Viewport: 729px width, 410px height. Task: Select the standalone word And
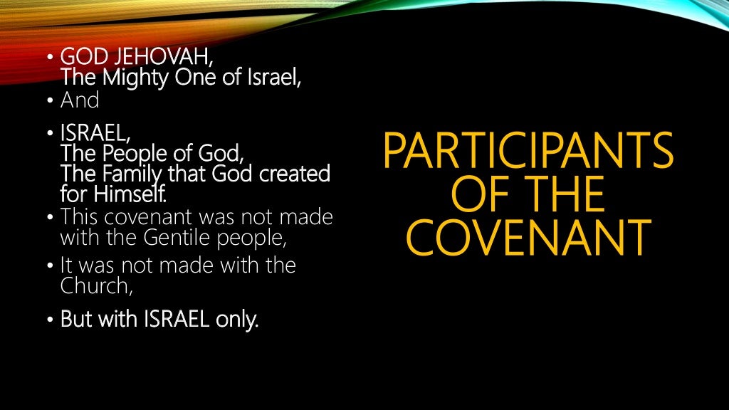pyautogui.click(x=80, y=100)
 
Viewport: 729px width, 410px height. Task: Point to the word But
pyautogui.click(x=76, y=320)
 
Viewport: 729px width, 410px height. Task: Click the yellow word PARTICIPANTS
pyautogui.click(x=527, y=150)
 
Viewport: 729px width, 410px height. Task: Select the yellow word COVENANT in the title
pyautogui.click(x=527, y=238)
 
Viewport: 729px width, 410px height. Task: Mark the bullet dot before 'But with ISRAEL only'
pyautogui.click(x=51, y=320)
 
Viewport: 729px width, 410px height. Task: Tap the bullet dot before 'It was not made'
pyautogui.click(x=51, y=266)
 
